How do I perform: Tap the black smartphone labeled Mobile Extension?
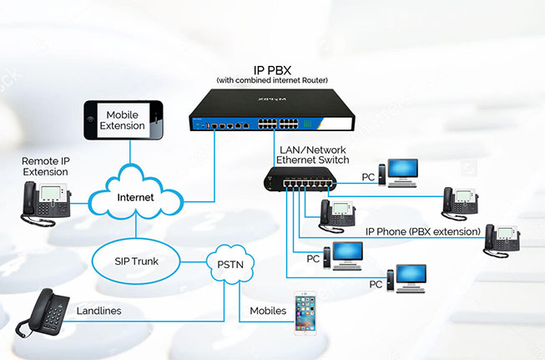coord(123,121)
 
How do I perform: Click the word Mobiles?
coord(268,311)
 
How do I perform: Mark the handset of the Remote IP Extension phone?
coord(29,200)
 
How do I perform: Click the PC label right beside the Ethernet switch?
coord(367,176)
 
